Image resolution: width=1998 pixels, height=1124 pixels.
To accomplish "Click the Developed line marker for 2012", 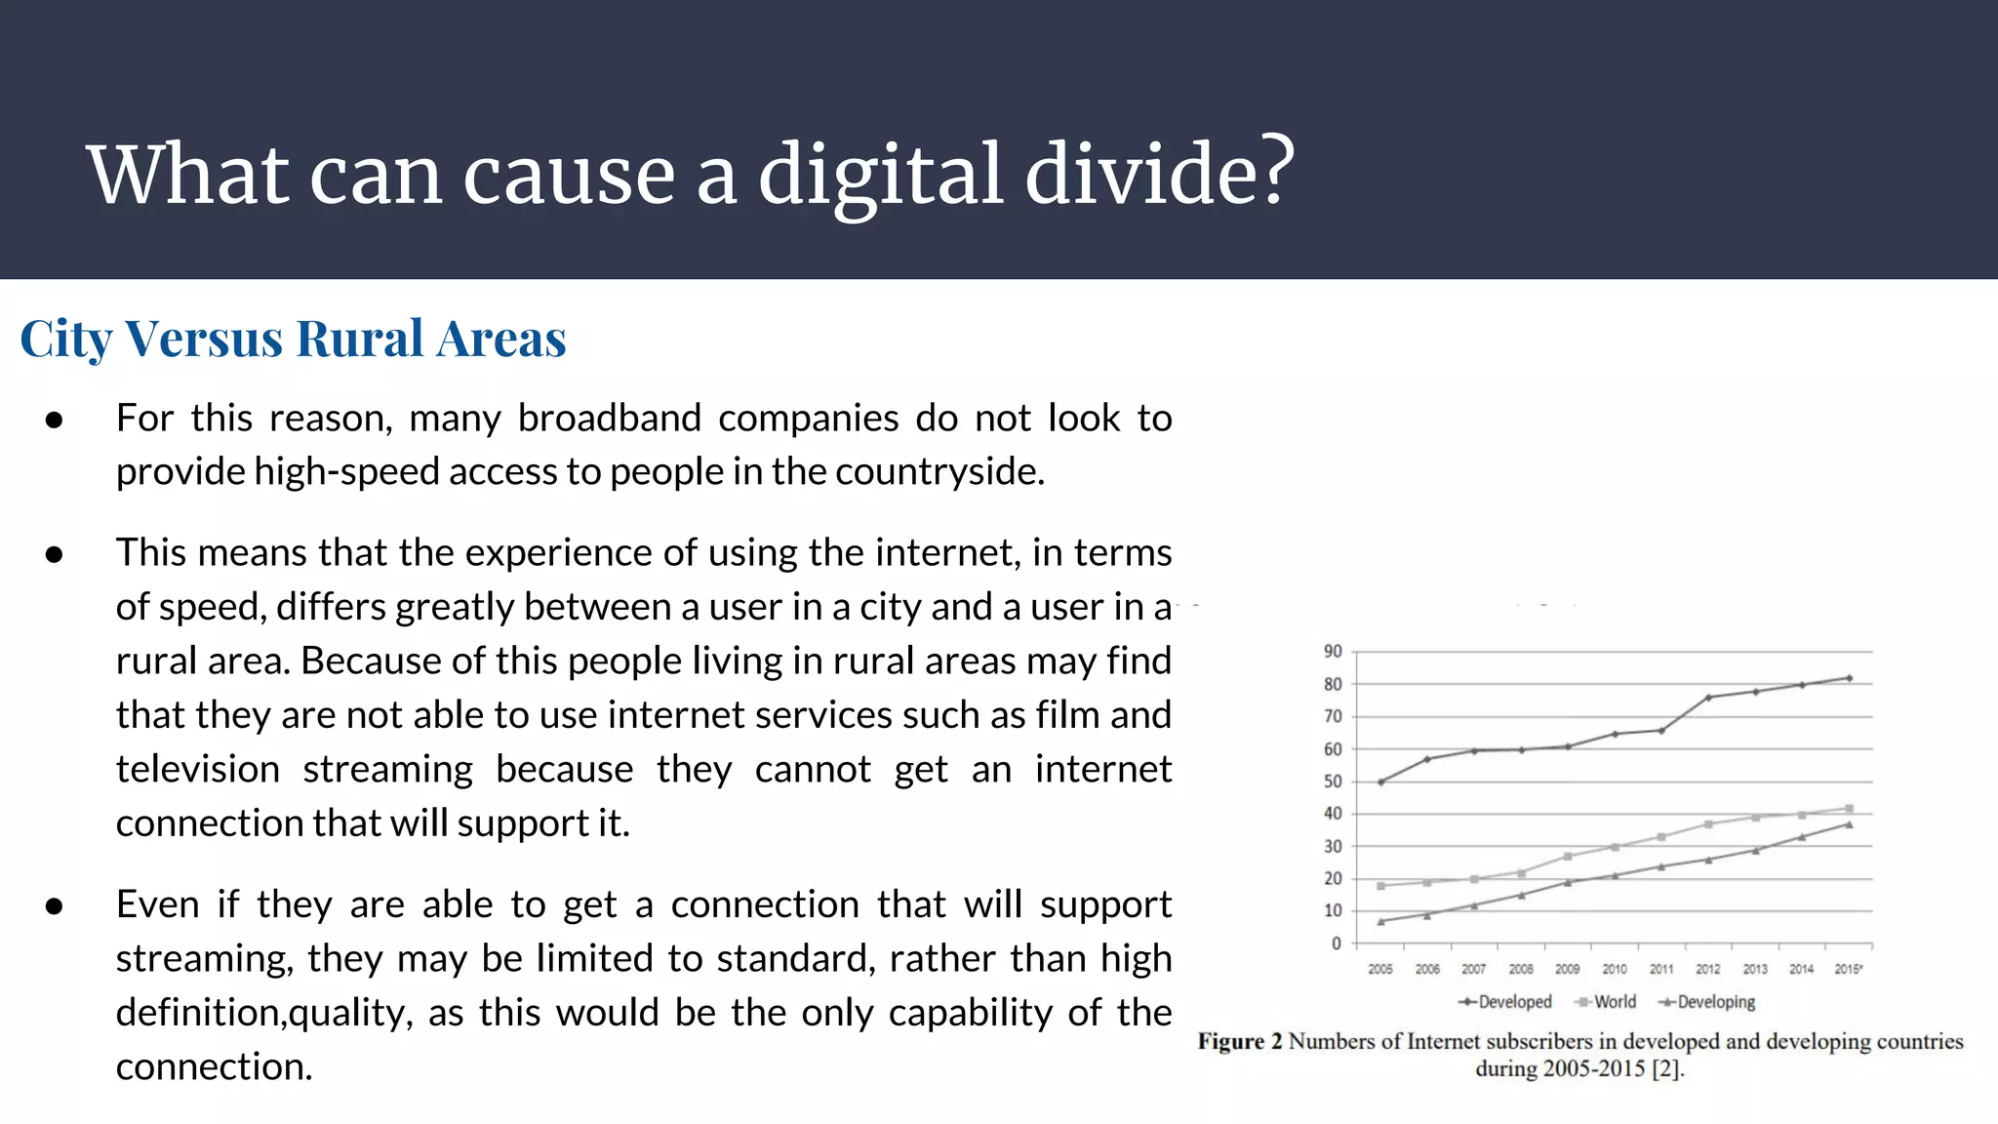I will pos(1708,698).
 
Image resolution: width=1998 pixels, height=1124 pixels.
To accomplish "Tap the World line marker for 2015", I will pos(1849,809).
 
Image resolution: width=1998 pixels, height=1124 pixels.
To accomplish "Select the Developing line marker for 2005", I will pos(1380,921).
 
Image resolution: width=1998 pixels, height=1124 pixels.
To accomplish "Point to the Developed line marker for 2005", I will pos(1380,782).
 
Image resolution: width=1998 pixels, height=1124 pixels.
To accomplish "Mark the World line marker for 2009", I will pos(1568,857).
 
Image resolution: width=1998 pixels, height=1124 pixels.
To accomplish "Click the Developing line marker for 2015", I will pos(1849,824).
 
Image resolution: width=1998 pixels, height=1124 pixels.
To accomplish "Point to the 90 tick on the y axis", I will pos(1333,652).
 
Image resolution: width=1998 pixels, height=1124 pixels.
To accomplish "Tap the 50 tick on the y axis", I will pos(1333,782).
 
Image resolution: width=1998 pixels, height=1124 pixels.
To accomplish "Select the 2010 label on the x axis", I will pos(1615,969).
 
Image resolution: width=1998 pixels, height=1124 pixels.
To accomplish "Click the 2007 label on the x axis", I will pos(1473,969).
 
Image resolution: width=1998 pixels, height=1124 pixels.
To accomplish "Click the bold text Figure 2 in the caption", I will pos(1239,1041).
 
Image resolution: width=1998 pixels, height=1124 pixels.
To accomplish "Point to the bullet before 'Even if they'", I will pos(55,906).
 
